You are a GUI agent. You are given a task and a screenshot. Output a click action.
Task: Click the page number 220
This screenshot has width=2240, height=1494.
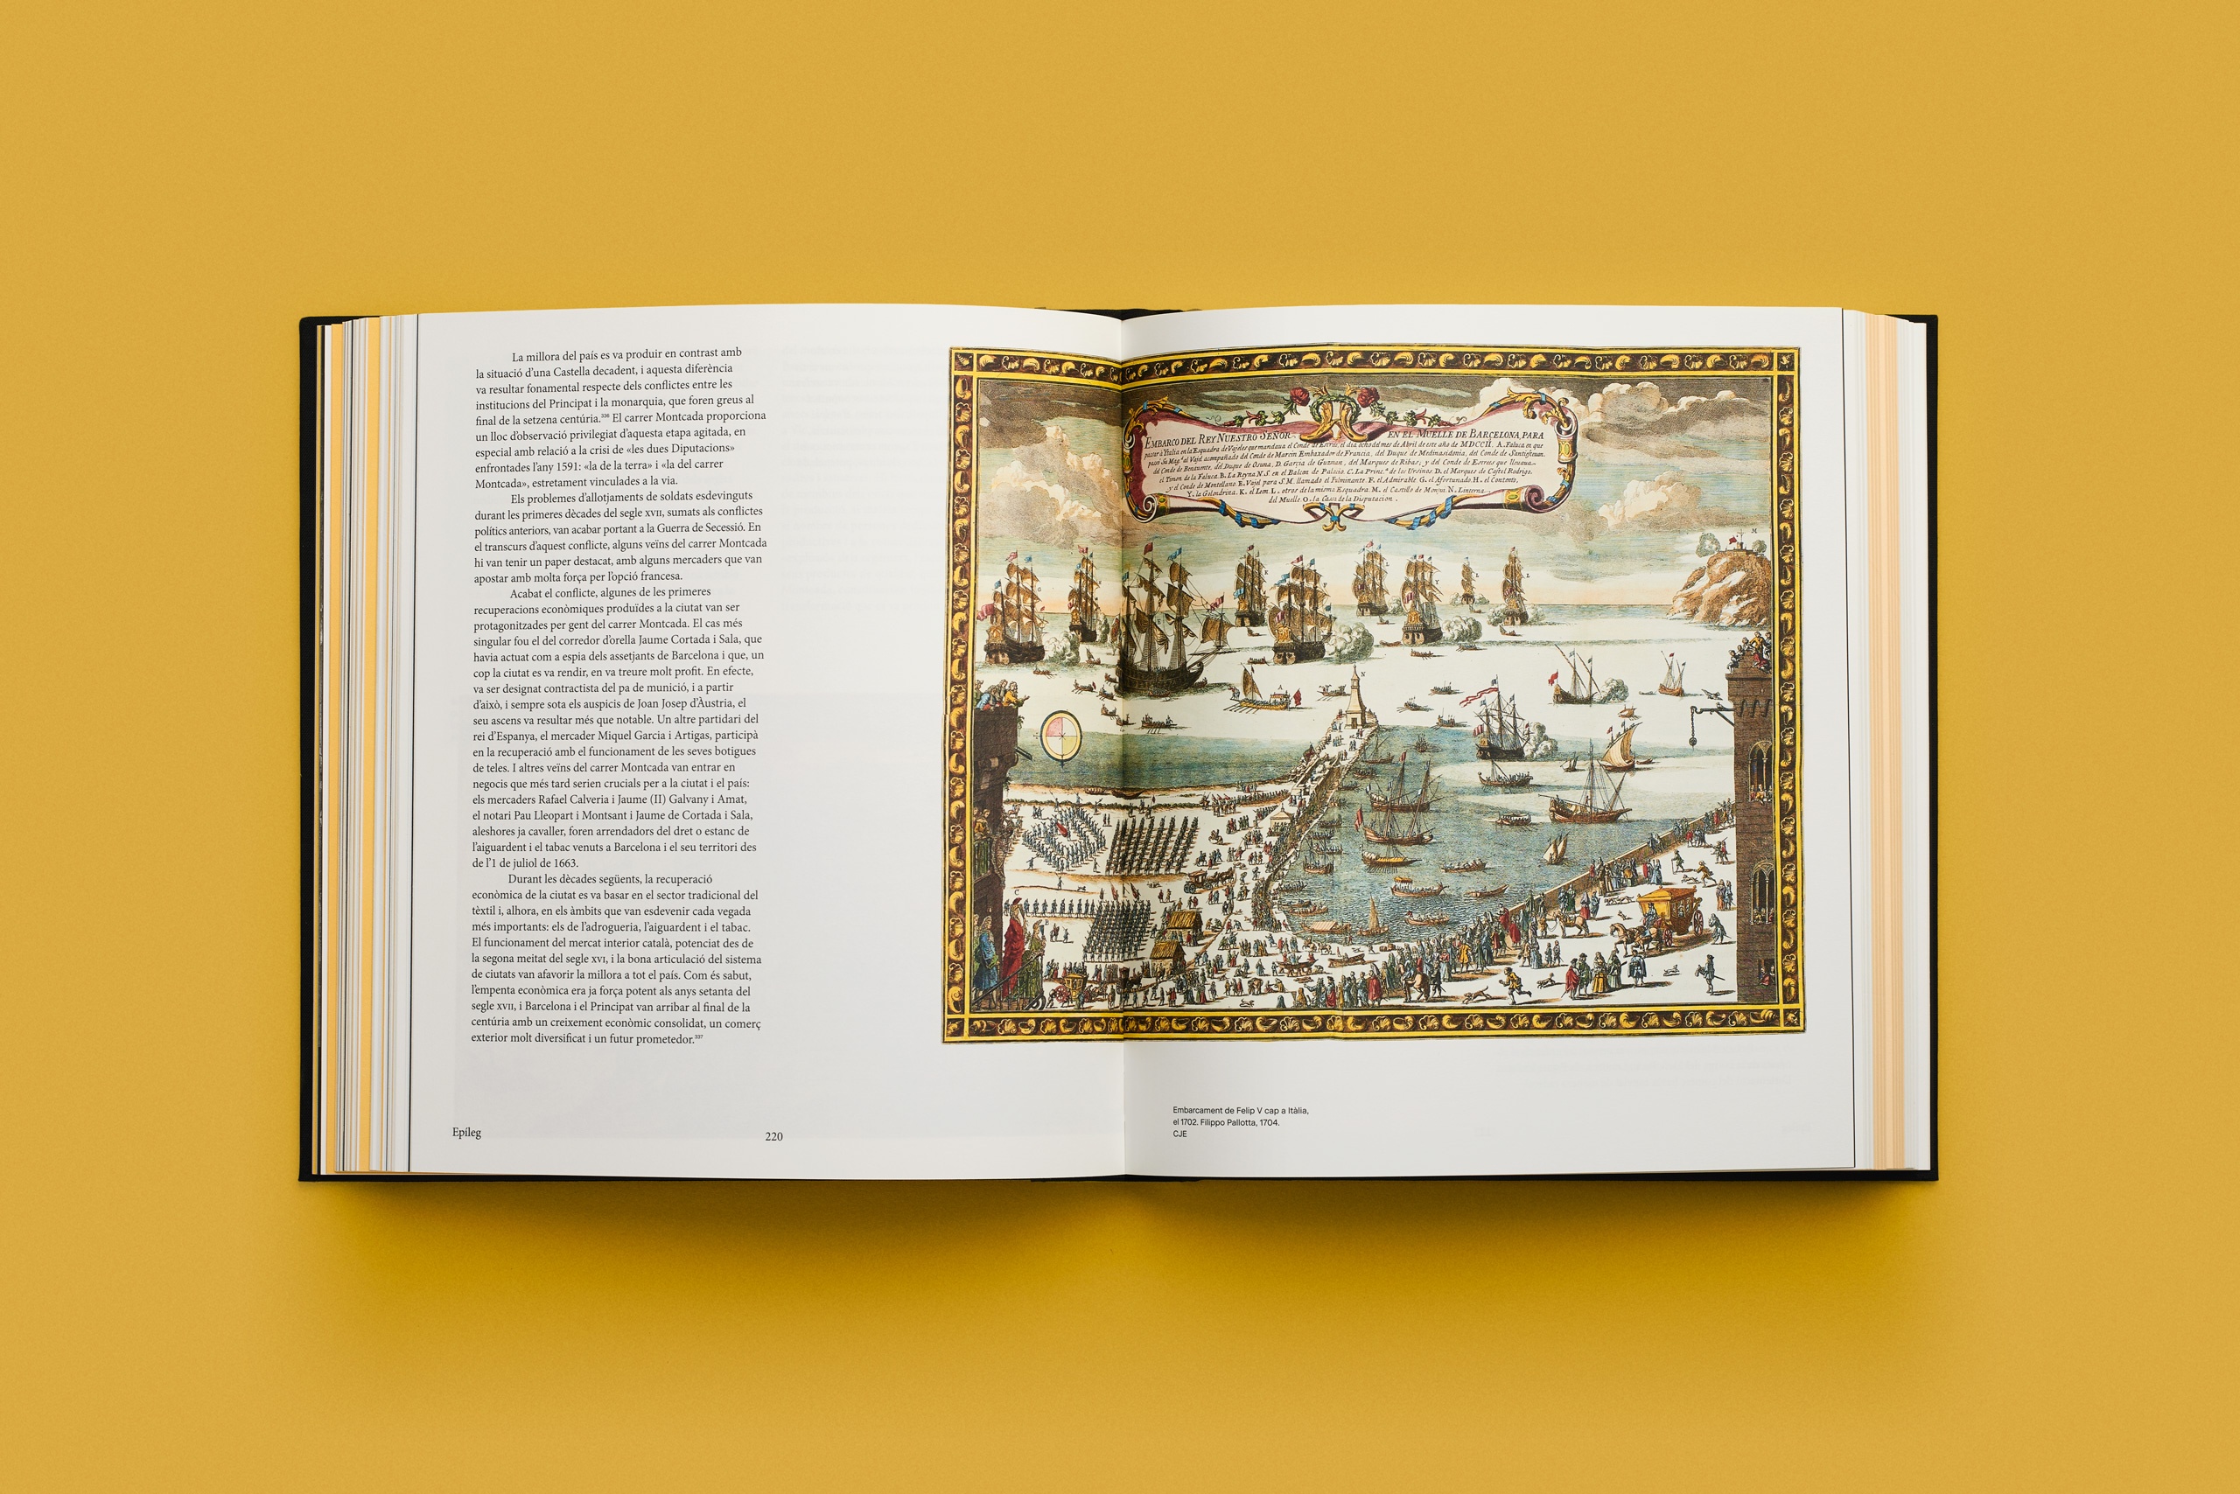pos(773,1135)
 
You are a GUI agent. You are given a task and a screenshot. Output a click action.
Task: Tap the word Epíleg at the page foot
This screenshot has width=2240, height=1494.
pos(466,1132)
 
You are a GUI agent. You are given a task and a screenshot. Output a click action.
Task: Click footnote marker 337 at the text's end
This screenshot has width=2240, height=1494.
pos(699,1037)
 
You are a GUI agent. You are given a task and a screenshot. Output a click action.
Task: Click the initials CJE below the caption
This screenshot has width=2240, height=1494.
pos(1180,1134)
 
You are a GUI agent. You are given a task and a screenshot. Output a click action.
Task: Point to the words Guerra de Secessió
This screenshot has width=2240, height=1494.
pos(700,527)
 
